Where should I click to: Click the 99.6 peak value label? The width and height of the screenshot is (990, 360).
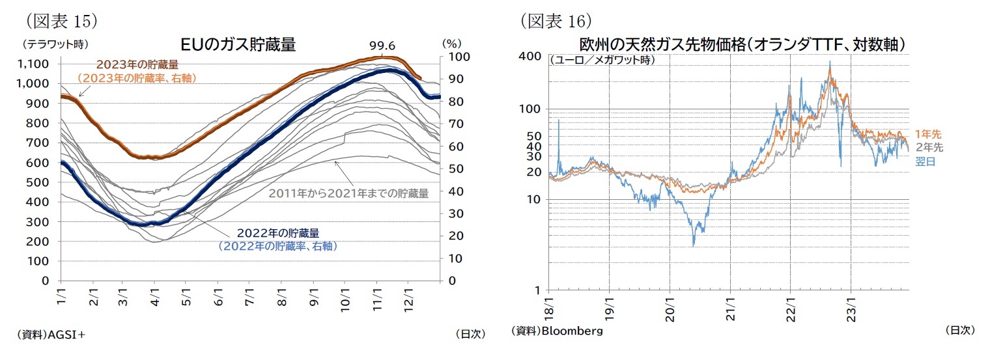point(382,46)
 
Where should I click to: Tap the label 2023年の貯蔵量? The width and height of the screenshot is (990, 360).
point(137,65)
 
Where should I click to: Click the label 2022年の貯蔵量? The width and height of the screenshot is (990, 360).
point(278,233)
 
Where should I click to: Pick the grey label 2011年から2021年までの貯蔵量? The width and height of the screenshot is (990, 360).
point(348,193)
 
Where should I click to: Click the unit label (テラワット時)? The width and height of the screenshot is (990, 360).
point(55,44)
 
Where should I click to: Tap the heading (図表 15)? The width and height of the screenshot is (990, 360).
point(63,21)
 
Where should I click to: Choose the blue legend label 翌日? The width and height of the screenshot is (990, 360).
point(925,161)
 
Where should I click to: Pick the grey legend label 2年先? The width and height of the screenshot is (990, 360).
point(929,148)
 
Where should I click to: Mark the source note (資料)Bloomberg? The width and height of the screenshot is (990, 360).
point(557,331)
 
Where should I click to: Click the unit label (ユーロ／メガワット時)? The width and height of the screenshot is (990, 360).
point(602,60)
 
